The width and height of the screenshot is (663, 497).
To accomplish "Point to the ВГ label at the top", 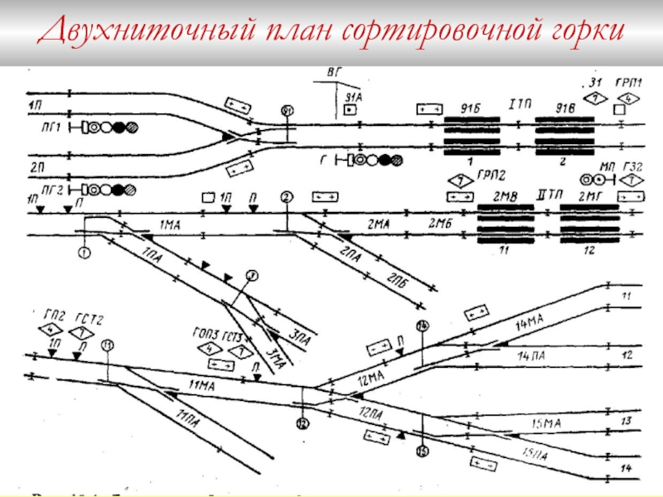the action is click(334, 73).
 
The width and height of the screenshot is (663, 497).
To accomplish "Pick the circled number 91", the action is click(287, 110).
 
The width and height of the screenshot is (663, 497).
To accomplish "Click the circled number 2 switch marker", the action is click(286, 196).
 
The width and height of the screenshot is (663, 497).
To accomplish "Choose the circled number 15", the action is click(423, 451).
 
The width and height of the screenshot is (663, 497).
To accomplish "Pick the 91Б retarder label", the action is click(469, 108).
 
